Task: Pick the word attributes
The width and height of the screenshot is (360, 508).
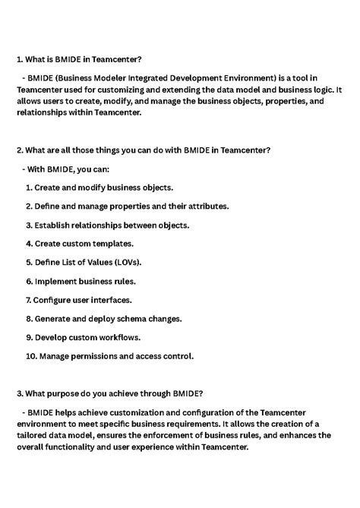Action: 205,206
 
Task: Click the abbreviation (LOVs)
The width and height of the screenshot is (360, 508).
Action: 123,262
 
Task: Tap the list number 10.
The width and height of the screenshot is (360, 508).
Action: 31,355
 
